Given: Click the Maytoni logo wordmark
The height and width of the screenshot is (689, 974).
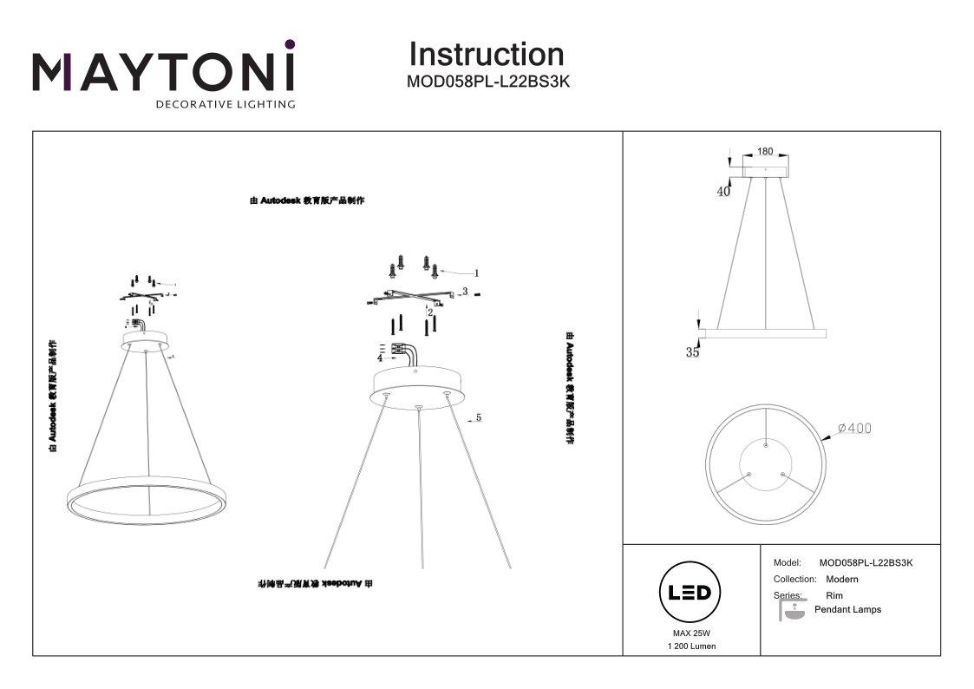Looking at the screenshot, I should point(163,71).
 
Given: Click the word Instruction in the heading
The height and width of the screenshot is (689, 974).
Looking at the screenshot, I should point(486,55).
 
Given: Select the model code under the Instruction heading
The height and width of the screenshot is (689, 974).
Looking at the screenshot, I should point(487,82).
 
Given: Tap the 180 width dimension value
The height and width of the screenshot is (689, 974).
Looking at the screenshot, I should point(764,151).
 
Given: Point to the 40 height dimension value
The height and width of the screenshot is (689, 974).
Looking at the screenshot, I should point(722,193).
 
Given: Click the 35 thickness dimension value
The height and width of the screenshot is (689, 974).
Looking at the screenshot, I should point(692,352).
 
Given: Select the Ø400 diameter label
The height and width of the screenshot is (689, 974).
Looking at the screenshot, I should point(855,429).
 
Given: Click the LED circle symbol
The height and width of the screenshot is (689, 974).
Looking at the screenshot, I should point(690,593).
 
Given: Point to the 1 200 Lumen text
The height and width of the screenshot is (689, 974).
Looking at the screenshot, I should point(691,646).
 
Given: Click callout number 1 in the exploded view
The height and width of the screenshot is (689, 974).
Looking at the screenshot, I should point(476,272).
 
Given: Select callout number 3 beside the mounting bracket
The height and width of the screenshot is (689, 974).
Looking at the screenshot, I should point(465,292).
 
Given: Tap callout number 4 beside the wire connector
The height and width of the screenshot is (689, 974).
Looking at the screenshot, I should point(380,357).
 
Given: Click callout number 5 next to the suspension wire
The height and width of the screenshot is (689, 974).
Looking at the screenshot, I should point(478,417).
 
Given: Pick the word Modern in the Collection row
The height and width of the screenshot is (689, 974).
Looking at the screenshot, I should point(841,579).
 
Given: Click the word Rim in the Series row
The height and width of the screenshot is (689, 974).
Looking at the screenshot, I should point(833,596).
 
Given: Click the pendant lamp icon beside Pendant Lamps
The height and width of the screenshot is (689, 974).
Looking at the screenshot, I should point(791,611).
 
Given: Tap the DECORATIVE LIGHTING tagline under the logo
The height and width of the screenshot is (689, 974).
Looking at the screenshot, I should point(225,104).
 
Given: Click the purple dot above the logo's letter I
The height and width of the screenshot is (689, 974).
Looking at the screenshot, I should point(290,43).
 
